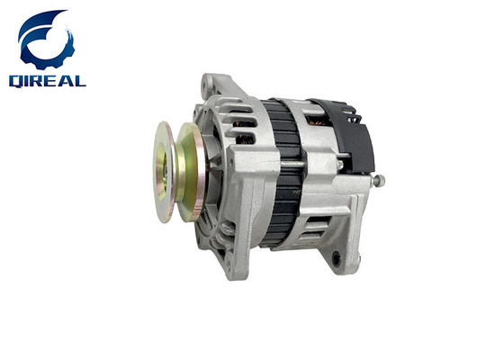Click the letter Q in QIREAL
(x=16, y=81)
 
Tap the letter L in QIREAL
(x=80, y=81)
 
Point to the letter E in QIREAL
(x=52, y=81)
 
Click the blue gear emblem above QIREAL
(x=46, y=40)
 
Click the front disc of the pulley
(x=164, y=172)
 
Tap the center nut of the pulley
(x=161, y=172)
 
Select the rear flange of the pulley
(x=190, y=172)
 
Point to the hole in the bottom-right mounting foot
(x=337, y=258)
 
